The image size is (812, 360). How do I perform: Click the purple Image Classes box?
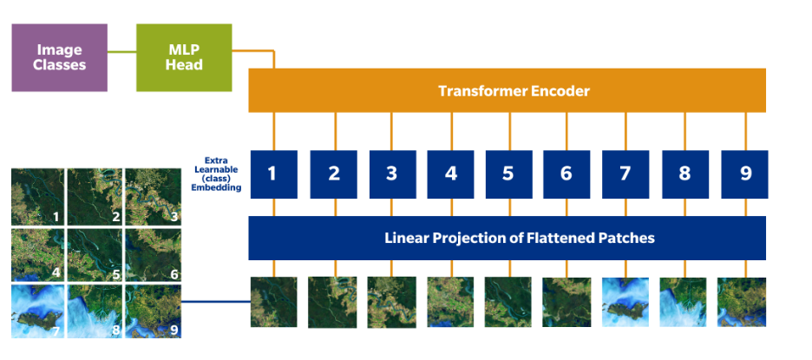pyautogui.click(x=59, y=57)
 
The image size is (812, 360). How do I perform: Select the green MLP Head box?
pyautogui.click(x=184, y=57)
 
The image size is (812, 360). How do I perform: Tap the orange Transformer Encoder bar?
pyautogui.click(x=507, y=90)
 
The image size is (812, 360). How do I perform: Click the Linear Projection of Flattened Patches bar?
pyautogui.click(x=507, y=238)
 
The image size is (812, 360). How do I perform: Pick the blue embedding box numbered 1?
pyautogui.click(x=273, y=173)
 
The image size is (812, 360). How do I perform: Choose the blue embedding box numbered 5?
pyautogui.click(x=508, y=173)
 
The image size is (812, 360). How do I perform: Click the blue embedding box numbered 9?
pyautogui.click(x=744, y=173)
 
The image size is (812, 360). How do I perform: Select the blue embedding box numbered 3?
pyautogui.click(x=391, y=173)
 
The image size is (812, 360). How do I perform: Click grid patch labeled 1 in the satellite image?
pyautogui.click(x=36, y=196)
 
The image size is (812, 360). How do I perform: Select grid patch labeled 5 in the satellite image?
pyautogui.click(x=94, y=253)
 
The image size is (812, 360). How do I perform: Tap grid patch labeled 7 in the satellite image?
pyautogui.click(x=36, y=310)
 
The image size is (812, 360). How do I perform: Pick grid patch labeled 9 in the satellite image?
pyautogui.click(x=151, y=310)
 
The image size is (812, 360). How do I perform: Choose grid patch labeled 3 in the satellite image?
pyautogui.click(x=151, y=196)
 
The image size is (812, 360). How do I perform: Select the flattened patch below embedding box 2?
pyautogui.click(x=332, y=301)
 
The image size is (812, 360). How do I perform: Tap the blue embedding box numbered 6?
pyautogui.click(x=567, y=173)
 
